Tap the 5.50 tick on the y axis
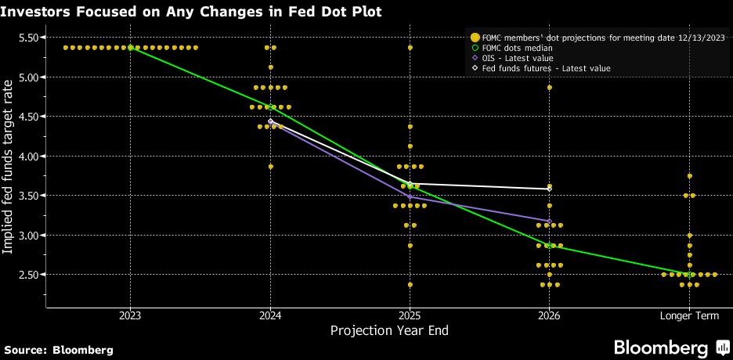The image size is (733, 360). (28, 38)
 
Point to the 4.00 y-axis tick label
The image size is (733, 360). (28, 157)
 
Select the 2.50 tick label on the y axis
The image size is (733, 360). (28, 275)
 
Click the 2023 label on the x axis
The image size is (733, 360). (130, 315)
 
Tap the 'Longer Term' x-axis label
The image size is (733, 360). (689, 315)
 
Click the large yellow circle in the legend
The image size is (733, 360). (475, 37)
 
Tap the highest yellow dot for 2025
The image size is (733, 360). (410, 48)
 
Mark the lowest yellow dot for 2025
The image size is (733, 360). (410, 285)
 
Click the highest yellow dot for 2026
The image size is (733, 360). (549, 88)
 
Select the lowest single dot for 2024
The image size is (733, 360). (270, 167)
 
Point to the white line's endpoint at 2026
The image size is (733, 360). (549, 189)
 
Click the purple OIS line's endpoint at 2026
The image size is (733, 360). (549, 221)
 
